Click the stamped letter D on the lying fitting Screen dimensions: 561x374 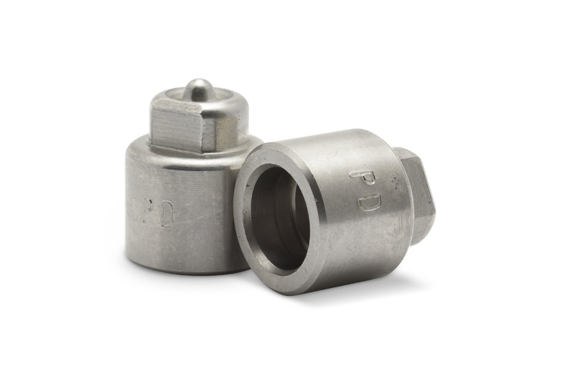369,201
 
